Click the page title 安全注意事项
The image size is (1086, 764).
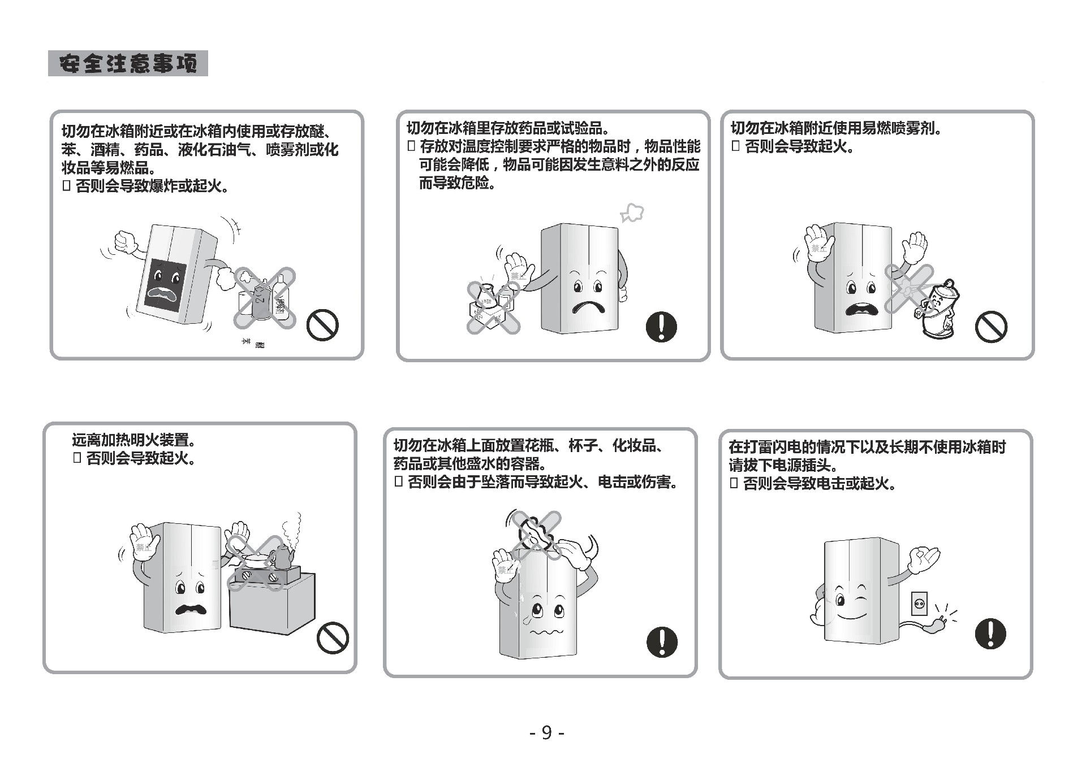tap(128, 63)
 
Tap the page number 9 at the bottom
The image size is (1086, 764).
tap(546, 732)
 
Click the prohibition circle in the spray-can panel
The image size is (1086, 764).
tap(991, 327)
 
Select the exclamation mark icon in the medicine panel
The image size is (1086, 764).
tap(661, 327)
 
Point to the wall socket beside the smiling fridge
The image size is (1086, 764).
tap(919, 604)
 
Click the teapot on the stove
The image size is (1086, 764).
tap(281, 557)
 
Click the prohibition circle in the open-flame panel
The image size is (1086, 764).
tap(333, 637)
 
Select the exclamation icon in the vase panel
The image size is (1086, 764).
tap(662, 641)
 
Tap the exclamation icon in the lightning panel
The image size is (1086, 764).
tap(990, 633)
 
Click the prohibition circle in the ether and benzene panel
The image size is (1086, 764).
tap(322, 325)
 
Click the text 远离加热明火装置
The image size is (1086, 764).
tap(134, 440)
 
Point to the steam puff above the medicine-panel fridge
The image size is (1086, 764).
tap(632, 214)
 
